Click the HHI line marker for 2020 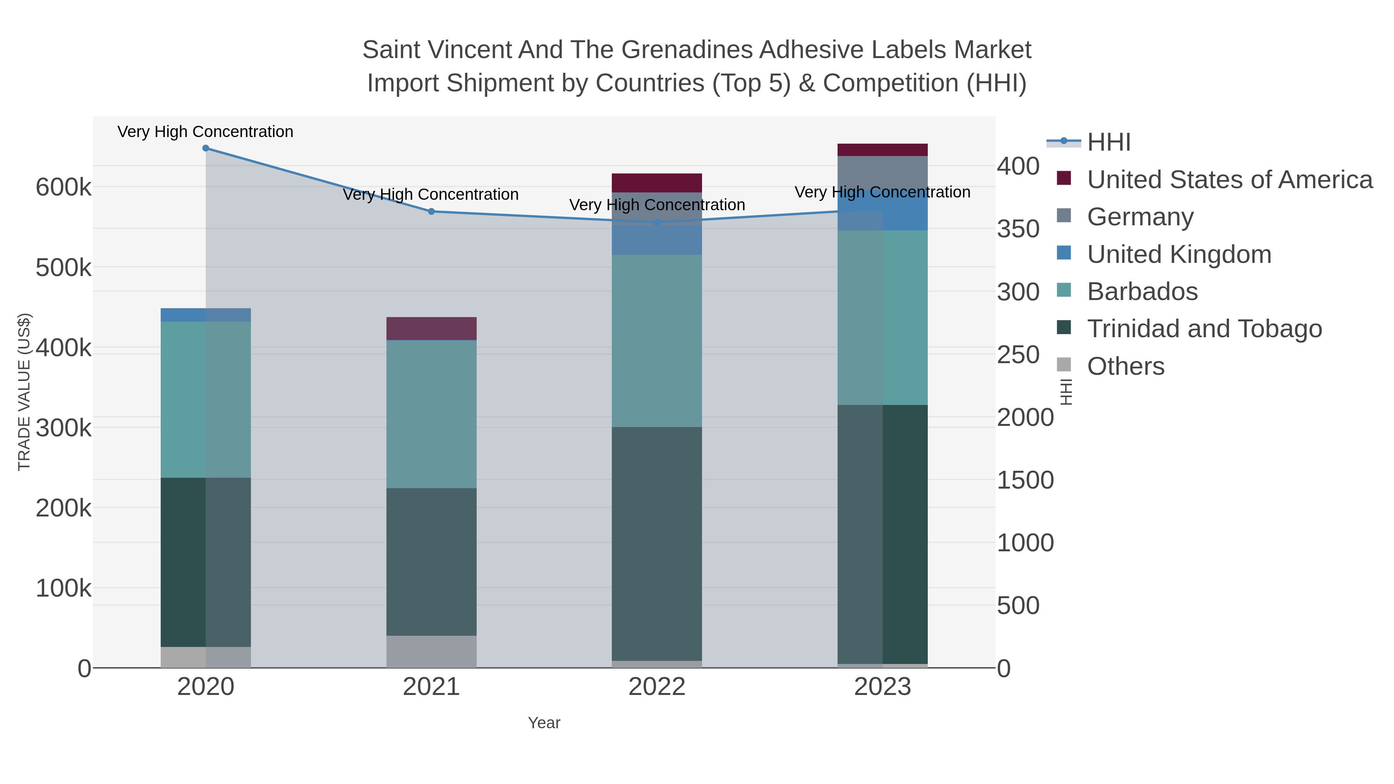206,148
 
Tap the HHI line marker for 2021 431,211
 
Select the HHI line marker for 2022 657,222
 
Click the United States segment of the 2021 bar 431,328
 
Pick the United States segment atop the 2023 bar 882,150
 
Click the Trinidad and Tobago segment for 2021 431,562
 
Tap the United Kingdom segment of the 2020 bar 206,315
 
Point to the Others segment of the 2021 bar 431,652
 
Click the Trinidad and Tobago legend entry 1204,329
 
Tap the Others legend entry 1125,366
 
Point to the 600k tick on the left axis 64,188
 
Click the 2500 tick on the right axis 1018,355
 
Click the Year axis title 544,723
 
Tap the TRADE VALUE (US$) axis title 24,392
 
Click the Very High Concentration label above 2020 205,132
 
